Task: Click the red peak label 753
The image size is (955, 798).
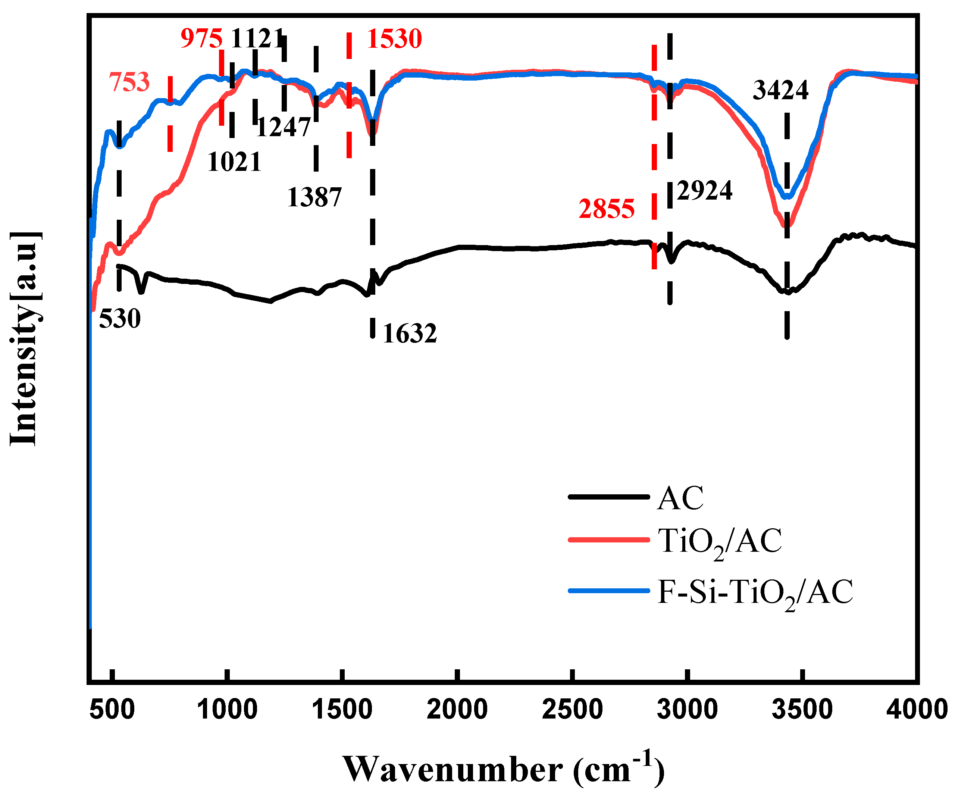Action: pyautogui.click(x=129, y=82)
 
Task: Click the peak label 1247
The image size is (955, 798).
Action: pyautogui.click(x=283, y=127)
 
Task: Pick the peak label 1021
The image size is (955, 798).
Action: pyautogui.click(x=234, y=162)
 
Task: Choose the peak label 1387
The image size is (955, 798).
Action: pyautogui.click(x=314, y=197)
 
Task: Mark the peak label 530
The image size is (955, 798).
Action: pyautogui.click(x=120, y=318)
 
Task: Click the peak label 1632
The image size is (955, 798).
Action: pyautogui.click(x=409, y=333)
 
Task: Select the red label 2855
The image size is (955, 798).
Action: pyautogui.click(x=606, y=209)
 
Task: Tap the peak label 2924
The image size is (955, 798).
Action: pyautogui.click(x=704, y=190)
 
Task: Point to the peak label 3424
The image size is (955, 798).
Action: pyautogui.click(x=780, y=90)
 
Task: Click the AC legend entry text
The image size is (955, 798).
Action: pyautogui.click(x=680, y=498)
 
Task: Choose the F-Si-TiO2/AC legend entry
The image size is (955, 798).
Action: pyautogui.click(x=755, y=593)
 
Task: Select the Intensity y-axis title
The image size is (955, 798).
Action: pyautogui.click(x=24, y=339)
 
